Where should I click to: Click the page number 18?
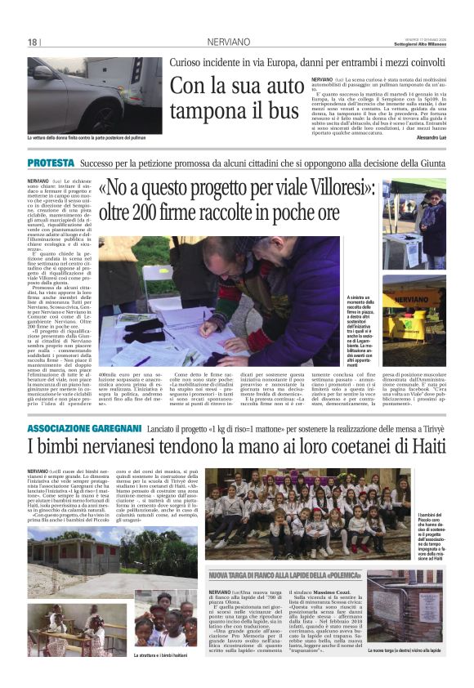pyautogui.click(x=33, y=42)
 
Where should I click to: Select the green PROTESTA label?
pyautogui.click(x=51, y=164)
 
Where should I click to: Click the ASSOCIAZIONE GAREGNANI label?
pyautogui.click(x=84, y=428)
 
